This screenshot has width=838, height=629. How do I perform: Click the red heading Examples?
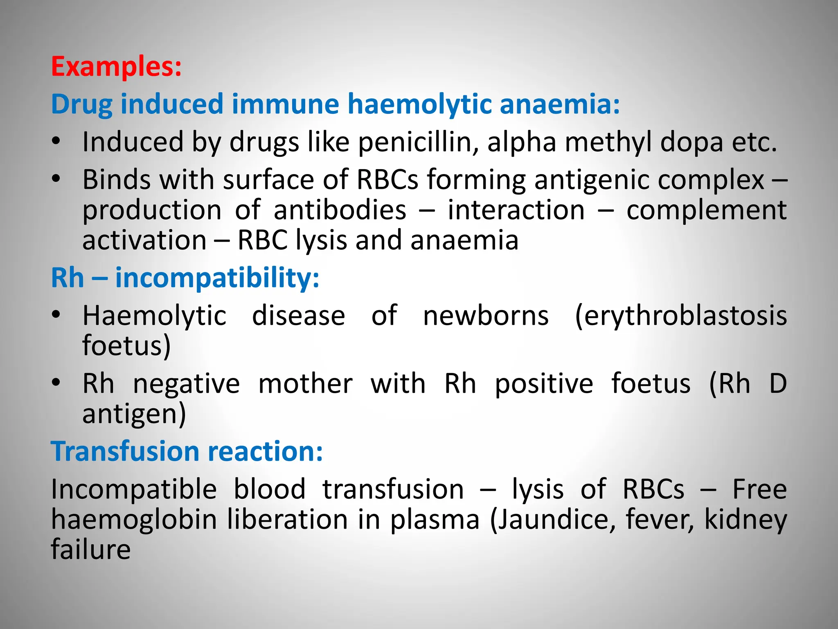116,66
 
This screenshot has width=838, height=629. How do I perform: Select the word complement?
706,210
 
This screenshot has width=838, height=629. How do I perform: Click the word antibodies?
340,210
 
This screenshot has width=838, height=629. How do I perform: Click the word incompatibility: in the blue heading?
217,278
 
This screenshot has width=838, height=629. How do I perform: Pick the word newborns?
486,316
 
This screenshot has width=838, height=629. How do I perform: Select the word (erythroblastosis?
680,316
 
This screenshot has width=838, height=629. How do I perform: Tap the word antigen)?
134,414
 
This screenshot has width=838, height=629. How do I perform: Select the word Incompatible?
134,489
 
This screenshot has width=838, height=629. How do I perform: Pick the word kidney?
746,520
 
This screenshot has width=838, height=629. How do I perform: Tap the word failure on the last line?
90,550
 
